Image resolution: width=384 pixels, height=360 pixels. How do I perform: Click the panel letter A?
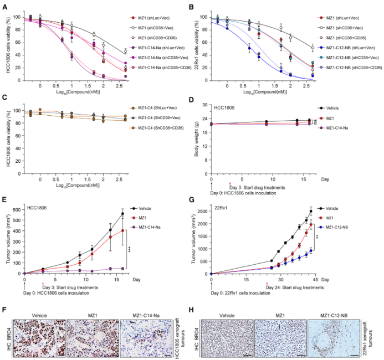pos(4,7)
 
